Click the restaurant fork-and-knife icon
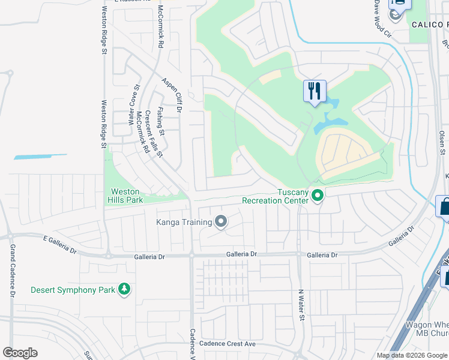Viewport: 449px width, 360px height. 315,91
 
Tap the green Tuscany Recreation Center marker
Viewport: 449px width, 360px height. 318,195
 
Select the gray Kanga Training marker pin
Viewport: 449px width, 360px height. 221,222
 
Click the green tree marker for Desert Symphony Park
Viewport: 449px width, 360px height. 124,290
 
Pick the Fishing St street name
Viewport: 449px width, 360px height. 160,121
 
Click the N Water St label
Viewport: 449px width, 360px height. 302,305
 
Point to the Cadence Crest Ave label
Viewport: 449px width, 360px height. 228,344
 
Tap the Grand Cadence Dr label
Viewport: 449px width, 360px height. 11,269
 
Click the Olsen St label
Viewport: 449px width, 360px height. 442,143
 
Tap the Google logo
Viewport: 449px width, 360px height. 20,353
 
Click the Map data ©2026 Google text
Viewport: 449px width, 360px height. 412,355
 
